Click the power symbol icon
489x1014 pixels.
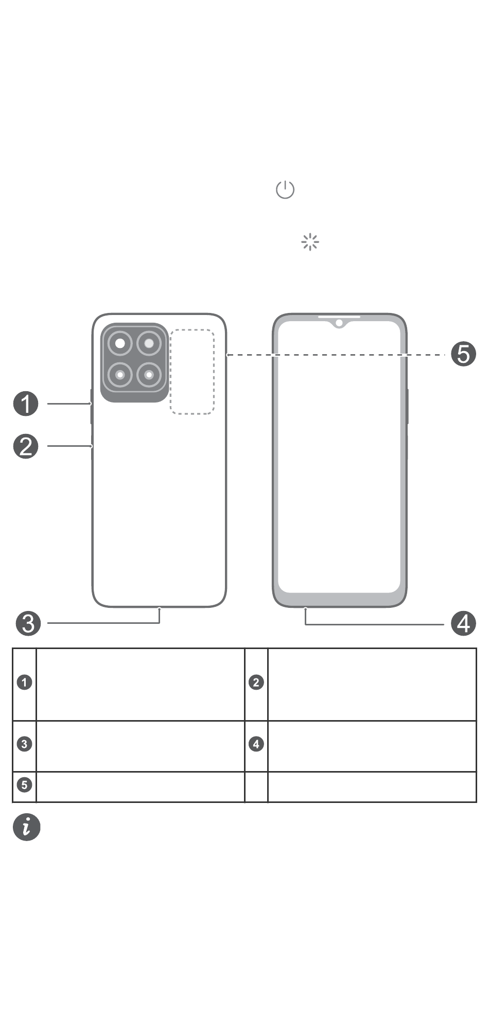285,190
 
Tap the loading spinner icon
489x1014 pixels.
310,242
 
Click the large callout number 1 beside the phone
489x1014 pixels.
26,404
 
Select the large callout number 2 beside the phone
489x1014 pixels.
26,446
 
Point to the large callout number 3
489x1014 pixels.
28,623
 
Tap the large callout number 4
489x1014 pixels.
463,623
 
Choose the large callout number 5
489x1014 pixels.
463,354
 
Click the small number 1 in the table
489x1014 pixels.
24,683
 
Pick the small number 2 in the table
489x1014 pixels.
256,683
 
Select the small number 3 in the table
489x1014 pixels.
24,744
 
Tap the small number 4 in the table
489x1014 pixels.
256,744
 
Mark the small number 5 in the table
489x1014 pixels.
24,785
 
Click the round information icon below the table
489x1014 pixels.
26,827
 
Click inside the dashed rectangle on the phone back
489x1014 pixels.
192,372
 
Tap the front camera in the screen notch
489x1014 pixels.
339,323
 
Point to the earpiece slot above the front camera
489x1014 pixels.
339,317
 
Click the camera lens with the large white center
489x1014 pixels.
120,344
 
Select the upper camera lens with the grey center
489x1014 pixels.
149,344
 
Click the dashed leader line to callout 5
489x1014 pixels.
335,355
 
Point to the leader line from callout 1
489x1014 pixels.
69,404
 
